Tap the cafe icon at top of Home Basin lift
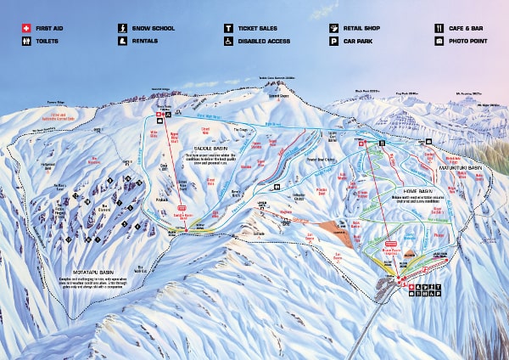[x=383, y=144]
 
